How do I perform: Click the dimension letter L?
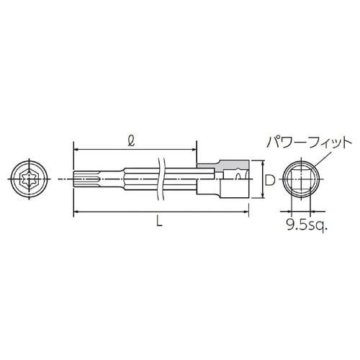tap(160, 224)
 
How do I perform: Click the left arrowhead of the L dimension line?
tap(76, 212)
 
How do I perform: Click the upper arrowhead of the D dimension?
tap(259, 167)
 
